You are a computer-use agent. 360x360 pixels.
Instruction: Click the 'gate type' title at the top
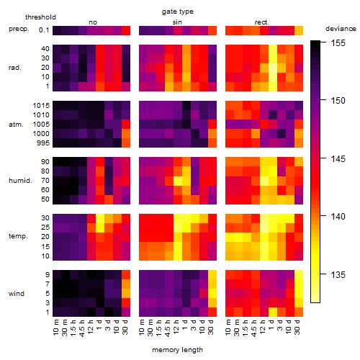(x=178, y=12)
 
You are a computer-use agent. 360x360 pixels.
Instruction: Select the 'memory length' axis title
(x=177, y=350)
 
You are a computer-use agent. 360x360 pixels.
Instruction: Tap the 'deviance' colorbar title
(x=341, y=29)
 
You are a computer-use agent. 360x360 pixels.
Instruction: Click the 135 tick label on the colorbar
(x=338, y=274)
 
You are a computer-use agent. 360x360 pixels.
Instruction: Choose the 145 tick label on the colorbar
(x=338, y=158)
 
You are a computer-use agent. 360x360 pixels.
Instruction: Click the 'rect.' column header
(x=261, y=22)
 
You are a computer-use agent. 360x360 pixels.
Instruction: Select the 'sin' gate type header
(x=177, y=22)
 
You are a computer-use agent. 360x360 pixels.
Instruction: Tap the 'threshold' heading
(x=40, y=17)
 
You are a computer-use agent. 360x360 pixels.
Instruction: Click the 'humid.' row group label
(x=20, y=181)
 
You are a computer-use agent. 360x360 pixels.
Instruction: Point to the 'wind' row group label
(x=17, y=294)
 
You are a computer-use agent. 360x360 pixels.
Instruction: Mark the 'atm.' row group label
(x=16, y=125)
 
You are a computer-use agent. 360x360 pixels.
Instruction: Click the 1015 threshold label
(x=41, y=106)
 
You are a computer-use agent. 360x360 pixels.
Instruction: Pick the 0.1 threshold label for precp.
(x=44, y=30)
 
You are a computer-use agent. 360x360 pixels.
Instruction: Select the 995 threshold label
(x=43, y=143)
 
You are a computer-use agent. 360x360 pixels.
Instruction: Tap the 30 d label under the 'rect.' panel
(x=297, y=327)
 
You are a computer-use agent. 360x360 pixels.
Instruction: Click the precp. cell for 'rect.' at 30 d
(x=299, y=30)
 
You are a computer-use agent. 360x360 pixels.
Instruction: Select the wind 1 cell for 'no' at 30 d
(x=126, y=312)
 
